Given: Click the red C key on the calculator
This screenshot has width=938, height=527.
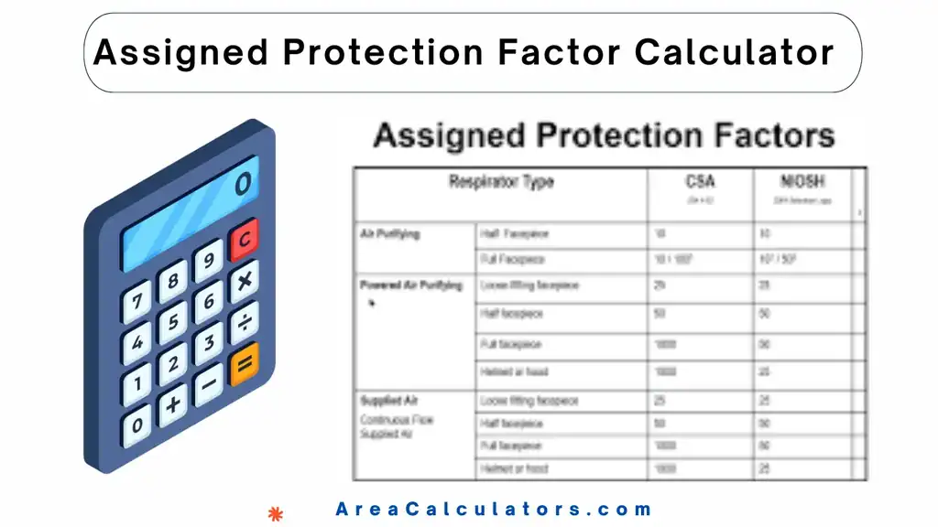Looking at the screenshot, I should pos(244,239).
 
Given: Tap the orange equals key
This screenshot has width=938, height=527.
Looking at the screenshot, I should pos(243,367).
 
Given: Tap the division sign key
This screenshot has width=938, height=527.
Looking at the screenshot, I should pos(244,323).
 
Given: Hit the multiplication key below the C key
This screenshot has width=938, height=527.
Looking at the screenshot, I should pos(244,282).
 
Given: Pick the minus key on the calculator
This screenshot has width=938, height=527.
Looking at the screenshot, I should pos(207,388).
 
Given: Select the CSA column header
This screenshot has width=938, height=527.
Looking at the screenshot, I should pos(701,182).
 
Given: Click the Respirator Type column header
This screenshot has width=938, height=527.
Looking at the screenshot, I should pos(500,182).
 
